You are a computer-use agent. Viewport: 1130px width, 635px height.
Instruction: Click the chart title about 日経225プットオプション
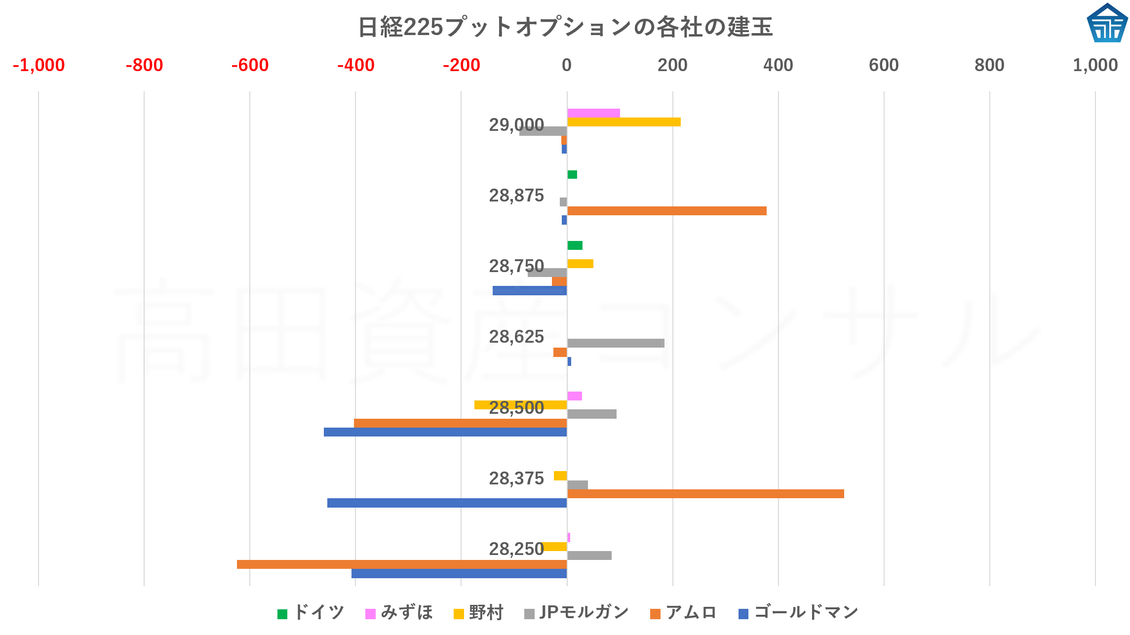[565, 27]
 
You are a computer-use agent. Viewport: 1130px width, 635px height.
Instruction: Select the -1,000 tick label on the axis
[39, 65]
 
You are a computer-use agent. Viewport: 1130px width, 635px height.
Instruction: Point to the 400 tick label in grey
[778, 65]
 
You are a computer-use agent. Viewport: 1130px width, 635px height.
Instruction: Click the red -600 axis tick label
[250, 65]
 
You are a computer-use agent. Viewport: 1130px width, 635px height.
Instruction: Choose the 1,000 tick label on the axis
[1095, 65]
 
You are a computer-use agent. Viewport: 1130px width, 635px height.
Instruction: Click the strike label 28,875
[516, 196]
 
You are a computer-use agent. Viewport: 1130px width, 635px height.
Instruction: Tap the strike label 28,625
[516, 337]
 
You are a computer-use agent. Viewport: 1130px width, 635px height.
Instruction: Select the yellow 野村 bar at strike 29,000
[623, 122]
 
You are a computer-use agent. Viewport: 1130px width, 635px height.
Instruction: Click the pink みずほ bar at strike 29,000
[593, 113]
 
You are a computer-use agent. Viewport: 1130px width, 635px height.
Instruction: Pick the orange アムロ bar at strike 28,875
[666, 211]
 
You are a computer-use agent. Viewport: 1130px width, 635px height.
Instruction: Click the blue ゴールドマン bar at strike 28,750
[530, 291]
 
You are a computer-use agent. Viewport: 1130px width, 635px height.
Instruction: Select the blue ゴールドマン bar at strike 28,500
[445, 432]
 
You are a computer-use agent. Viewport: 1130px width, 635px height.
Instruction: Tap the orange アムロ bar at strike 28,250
[401, 564]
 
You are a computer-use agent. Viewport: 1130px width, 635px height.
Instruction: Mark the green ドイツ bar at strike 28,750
[575, 245]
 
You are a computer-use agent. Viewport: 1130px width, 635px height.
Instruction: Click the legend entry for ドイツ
[311, 613]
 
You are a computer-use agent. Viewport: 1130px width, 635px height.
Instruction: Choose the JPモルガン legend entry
[577, 613]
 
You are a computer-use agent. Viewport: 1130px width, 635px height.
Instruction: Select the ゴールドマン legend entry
[799, 613]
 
